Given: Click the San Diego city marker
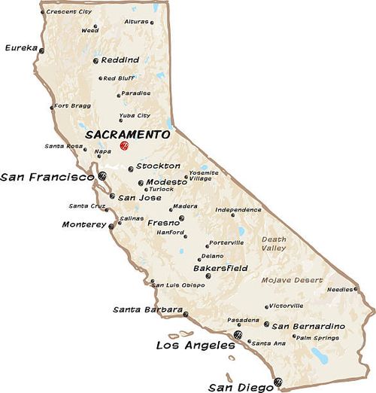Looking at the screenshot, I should click(278, 382).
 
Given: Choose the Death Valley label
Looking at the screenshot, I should click(274, 243).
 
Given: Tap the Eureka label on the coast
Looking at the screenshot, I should click(21, 47).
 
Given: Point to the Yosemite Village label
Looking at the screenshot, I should click(203, 175).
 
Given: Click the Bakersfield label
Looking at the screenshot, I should click(220, 268).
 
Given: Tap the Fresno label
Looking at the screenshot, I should click(163, 223).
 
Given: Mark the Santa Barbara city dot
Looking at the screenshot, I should click(186, 315).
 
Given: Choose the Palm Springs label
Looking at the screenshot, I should click(314, 337).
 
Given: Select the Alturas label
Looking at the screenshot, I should click(136, 22).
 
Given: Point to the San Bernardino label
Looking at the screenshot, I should click(308, 326).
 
